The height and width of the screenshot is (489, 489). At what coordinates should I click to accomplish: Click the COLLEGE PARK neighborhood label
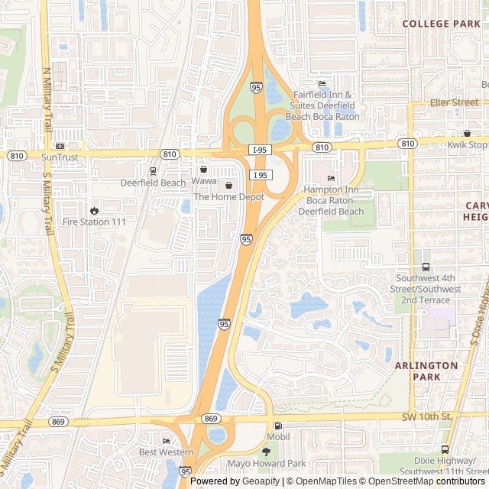point(441,24)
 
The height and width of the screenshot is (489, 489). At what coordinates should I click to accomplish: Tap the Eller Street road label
point(454,102)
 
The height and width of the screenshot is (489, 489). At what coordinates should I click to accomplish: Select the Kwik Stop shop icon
point(467,134)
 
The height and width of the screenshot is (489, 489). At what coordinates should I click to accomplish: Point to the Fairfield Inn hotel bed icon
point(322,84)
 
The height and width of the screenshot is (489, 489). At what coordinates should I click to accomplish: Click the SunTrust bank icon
point(60,146)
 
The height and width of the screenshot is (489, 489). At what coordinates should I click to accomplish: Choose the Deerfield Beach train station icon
point(153,171)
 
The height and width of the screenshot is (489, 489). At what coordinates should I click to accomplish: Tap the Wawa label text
point(204,181)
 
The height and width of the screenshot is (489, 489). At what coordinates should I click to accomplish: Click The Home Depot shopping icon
point(228,186)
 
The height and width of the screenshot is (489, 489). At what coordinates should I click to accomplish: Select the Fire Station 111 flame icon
point(94,210)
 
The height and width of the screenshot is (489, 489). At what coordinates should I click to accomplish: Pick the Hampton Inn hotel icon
point(331,179)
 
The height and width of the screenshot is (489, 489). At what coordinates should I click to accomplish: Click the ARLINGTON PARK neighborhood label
point(426,371)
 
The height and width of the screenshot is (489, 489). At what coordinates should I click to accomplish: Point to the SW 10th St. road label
point(427,416)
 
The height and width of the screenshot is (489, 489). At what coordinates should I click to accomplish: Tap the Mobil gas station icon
point(277,426)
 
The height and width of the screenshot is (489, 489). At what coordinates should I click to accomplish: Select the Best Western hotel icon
point(166,441)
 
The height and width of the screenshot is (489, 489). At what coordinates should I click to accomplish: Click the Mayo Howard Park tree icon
point(266,452)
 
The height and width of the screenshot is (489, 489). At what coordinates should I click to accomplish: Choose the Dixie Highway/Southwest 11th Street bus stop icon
point(445,450)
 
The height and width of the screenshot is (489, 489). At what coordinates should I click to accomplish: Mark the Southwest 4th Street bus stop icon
point(426,267)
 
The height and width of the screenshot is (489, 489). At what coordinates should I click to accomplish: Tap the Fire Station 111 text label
point(94,222)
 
